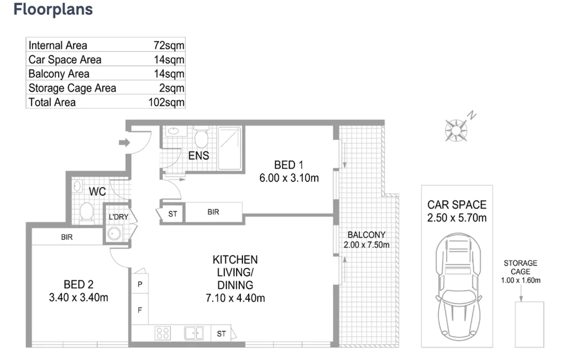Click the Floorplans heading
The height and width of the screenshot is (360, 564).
[x=53, y=10]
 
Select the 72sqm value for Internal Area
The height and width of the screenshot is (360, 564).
[x=169, y=46]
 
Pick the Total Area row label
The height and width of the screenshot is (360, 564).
[x=52, y=102]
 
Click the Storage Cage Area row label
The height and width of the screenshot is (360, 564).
[x=72, y=88]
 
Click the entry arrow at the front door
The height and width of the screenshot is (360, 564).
[x=124, y=142]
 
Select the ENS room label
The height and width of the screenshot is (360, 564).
[x=198, y=156]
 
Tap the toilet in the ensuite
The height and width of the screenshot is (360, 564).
[x=201, y=138]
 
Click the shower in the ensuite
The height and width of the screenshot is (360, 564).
[x=229, y=148]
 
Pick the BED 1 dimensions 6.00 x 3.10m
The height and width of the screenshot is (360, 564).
[x=289, y=178]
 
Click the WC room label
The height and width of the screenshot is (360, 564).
[x=98, y=191]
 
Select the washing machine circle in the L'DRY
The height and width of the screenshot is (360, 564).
[x=114, y=233]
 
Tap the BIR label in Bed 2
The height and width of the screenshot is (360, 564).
[x=66, y=238]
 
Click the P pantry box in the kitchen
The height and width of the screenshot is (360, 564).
[x=140, y=284]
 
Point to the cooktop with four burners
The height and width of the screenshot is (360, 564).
[x=162, y=333]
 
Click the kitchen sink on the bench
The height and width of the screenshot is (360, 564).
[x=194, y=333]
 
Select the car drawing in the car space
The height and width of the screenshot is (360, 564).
[x=456, y=291]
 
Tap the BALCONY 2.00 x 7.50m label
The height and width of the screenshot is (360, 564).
[x=366, y=240]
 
